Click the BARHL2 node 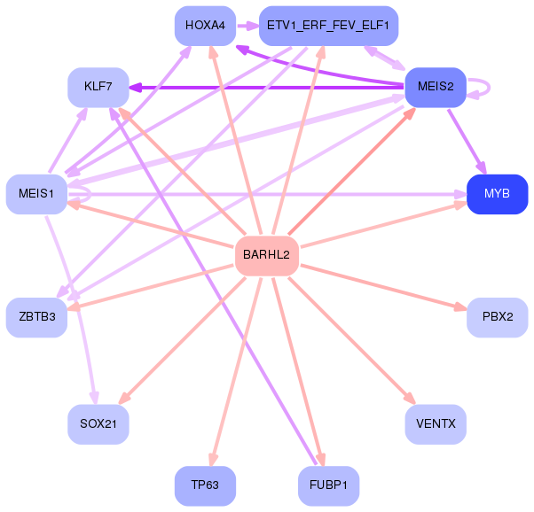tap(267, 255)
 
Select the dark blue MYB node tap(497, 194)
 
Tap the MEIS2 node tap(436, 87)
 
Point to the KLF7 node tap(98, 87)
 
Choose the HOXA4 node tap(205, 26)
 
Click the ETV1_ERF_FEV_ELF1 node tap(328, 26)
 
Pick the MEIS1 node tap(36, 194)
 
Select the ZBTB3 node tap(36, 317)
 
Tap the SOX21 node tap(98, 424)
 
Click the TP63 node tap(205, 485)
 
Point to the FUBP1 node tap(328, 485)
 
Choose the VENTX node tap(436, 424)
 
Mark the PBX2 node tap(497, 317)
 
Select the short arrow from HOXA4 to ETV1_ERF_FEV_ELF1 tap(247, 26)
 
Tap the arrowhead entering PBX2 tap(460, 306)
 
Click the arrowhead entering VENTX tap(411, 399)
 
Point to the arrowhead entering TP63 tap(213, 459)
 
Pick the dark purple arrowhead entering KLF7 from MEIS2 tap(135, 88)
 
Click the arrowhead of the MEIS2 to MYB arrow tap(483, 168)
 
